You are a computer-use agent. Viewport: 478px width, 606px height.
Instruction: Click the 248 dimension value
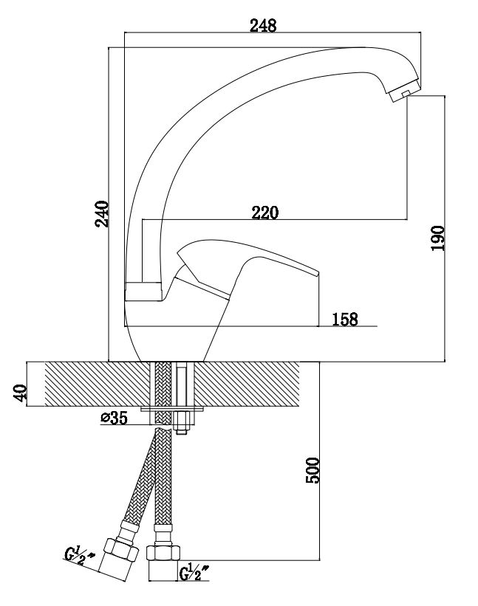click(x=263, y=26)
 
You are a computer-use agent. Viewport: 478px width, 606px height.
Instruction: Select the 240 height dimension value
click(x=102, y=214)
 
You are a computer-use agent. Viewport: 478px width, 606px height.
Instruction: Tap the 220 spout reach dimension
click(x=265, y=213)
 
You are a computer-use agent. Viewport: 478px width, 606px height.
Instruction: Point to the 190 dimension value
click(x=438, y=238)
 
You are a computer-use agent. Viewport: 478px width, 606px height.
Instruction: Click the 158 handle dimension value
click(x=345, y=319)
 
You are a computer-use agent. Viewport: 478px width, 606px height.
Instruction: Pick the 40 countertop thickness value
click(x=21, y=392)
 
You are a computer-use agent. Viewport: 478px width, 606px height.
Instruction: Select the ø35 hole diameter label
click(x=114, y=418)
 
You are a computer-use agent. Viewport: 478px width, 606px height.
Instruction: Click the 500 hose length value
click(x=313, y=470)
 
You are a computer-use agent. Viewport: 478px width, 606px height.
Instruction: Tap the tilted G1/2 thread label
click(x=79, y=557)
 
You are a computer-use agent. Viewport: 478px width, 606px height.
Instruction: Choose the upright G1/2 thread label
click(x=194, y=572)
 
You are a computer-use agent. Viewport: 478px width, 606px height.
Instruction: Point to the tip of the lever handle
click(x=318, y=274)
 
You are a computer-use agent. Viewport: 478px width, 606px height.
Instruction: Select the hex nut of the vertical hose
click(x=163, y=553)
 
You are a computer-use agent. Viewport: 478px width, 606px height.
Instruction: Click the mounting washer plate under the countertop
click(x=172, y=409)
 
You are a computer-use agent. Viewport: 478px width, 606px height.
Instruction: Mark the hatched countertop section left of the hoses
click(x=98, y=384)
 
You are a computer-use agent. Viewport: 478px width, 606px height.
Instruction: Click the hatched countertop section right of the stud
click(x=248, y=384)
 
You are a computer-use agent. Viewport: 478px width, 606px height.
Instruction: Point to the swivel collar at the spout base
click(x=143, y=292)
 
